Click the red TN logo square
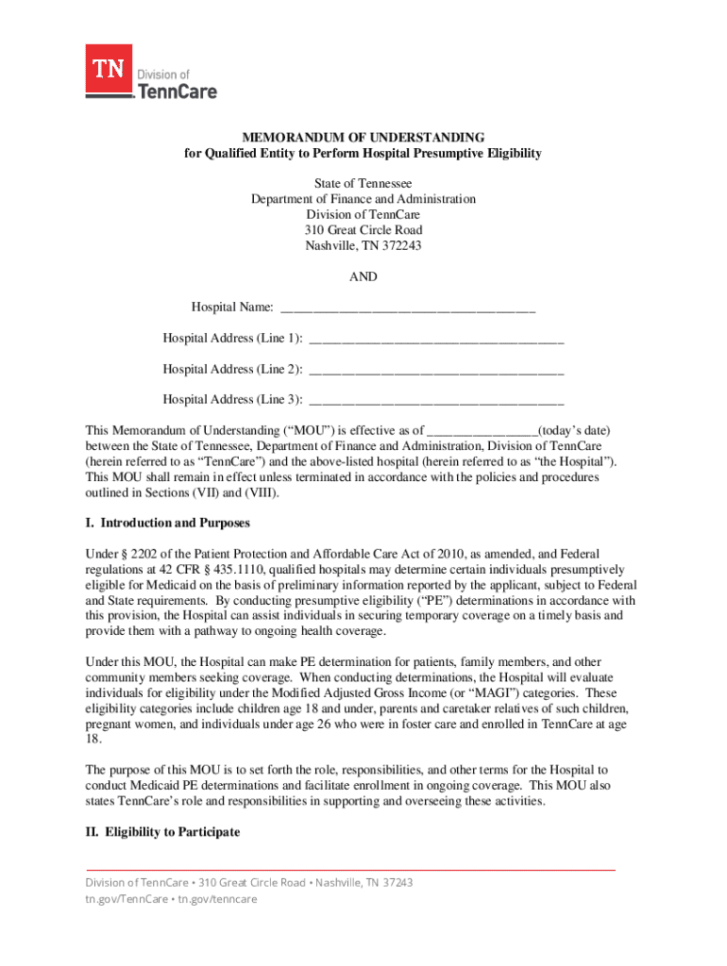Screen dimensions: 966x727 coord(110,69)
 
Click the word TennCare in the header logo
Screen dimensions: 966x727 coord(178,91)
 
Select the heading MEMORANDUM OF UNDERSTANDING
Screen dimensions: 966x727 coord(363,137)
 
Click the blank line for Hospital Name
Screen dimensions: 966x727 coord(408,308)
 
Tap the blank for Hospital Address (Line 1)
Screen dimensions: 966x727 coord(436,339)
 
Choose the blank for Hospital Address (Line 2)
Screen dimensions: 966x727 coord(436,369)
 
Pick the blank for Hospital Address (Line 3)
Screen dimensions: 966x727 coord(436,399)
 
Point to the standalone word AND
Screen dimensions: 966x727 coord(363,276)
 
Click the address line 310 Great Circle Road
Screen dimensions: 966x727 coord(363,230)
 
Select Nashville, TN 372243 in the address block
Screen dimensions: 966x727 coord(363,245)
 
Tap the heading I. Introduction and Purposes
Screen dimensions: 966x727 coord(167,523)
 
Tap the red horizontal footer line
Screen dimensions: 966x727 coord(350,869)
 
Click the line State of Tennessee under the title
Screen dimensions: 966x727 coord(363,183)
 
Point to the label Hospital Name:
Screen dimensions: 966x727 coord(233,308)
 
